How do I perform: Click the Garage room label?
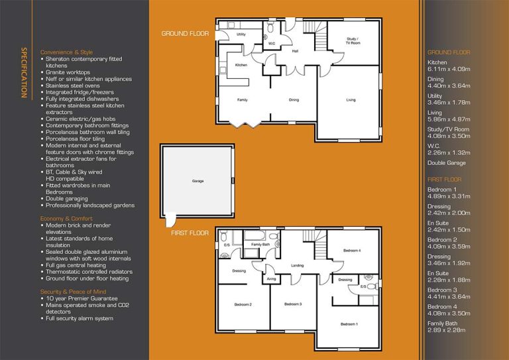[x=198, y=181]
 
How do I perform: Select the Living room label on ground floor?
[x=351, y=100]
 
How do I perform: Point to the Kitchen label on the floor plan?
[x=241, y=65]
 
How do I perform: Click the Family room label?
[x=243, y=100]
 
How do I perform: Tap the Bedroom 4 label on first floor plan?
[x=352, y=251]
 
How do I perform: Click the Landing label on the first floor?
[x=297, y=265]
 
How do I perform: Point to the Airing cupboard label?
[x=271, y=280]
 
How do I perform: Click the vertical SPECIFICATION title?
[x=24, y=72]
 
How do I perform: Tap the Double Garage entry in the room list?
[x=447, y=162]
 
